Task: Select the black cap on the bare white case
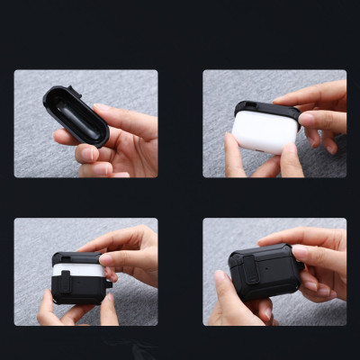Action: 266,110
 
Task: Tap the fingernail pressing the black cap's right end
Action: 307,118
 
